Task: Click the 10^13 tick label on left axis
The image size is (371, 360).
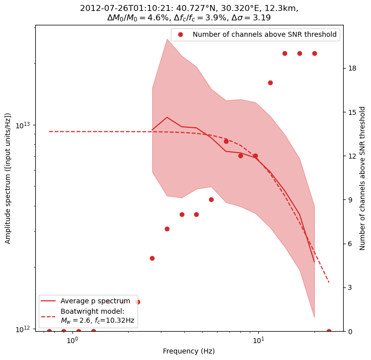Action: tap(23, 125)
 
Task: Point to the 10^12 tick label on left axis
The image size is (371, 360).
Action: tap(23, 329)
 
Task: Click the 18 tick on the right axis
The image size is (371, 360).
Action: tap(352, 68)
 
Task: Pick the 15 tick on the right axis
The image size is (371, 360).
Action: tap(352, 112)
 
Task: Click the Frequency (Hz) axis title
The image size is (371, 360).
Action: tap(189, 351)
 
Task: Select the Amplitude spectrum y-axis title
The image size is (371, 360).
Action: tap(8, 178)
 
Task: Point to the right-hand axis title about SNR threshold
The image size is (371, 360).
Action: tap(363, 178)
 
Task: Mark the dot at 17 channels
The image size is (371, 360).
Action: tap(270, 83)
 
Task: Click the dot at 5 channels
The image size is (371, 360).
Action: tap(152, 258)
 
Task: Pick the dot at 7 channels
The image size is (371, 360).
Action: tap(167, 229)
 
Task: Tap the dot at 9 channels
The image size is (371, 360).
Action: tap(211, 199)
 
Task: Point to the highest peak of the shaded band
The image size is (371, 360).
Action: tap(167, 39)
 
